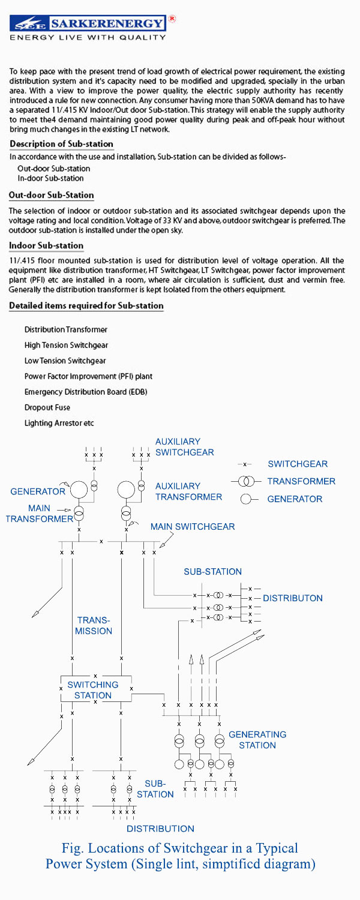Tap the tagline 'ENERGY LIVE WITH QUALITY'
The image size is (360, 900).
tap(88, 38)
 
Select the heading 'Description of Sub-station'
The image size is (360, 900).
tap(61, 145)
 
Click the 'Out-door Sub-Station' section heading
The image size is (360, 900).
tap(52, 196)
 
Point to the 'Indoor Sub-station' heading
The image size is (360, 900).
tap(46, 246)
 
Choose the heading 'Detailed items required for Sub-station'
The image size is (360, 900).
tap(86, 306)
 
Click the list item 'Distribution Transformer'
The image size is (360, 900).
tap(66, 330)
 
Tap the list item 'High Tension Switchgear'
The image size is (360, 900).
tap(66, 346)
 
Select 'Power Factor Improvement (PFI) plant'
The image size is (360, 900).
tap(88, 376)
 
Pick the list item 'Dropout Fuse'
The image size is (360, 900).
tap(47, 407)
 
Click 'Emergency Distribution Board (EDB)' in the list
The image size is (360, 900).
tap(86, 392)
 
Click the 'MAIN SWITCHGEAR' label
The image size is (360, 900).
tap(192, 526)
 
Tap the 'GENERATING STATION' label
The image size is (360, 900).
tap(257, 740)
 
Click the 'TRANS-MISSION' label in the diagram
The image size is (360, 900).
tap(94, 625)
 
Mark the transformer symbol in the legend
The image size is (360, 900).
tap(245, 481)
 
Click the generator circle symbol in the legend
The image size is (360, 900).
tap(245, 499)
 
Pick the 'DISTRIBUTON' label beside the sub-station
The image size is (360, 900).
tap(293, 598)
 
